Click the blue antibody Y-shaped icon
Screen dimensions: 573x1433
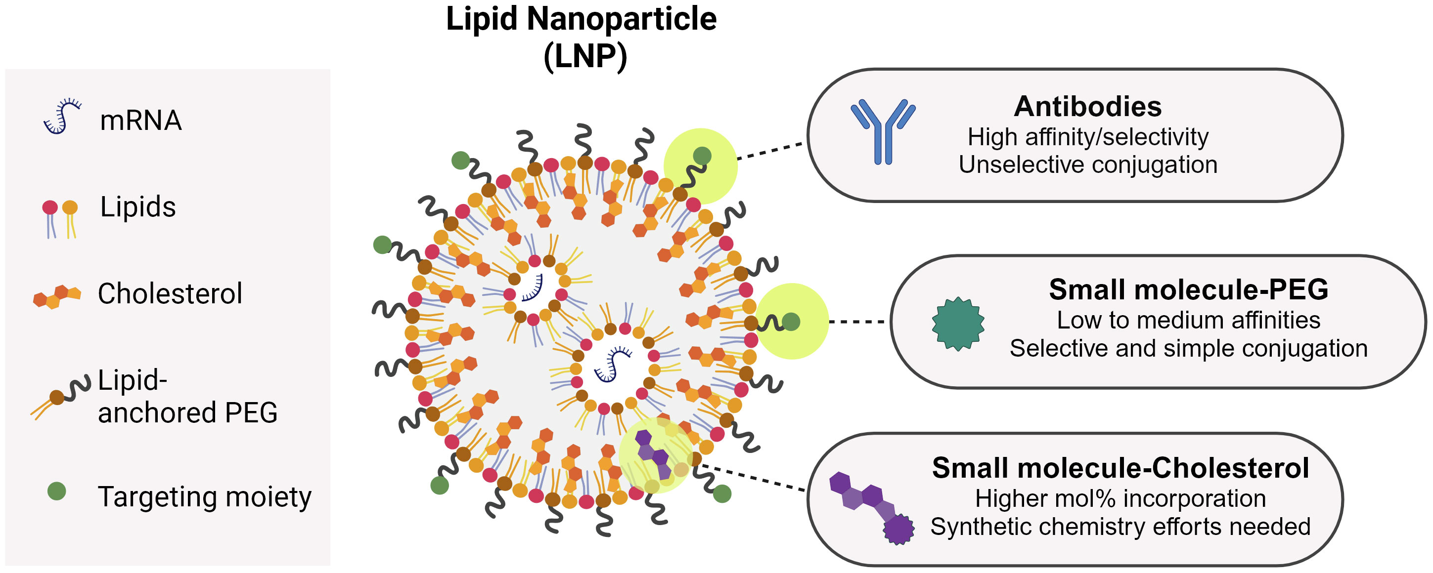[x=883, y=132]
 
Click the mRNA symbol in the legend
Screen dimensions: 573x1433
[x=63, y=116]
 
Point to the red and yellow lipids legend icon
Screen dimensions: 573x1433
[x=60, y=219]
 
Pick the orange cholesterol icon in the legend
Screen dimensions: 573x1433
[x=57, y=296]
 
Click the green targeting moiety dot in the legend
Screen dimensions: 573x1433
[x=57, y=491]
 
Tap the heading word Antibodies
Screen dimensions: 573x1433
[x=1087, y=106]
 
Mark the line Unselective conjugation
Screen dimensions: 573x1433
[x=1087, y=165]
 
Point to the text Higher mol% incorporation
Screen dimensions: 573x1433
[x=1120, y=498]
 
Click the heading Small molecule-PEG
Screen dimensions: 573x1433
[x=1188, y=289]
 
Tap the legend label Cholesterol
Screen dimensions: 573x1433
[x=170, y=293]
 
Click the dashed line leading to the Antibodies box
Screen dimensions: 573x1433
[x=771, y=151]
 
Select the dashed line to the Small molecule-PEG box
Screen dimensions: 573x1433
[x=856, y=321]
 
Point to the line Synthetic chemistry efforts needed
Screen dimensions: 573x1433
[x=1120, y=526]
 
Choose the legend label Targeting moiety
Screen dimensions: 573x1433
[x=204, y=496]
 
